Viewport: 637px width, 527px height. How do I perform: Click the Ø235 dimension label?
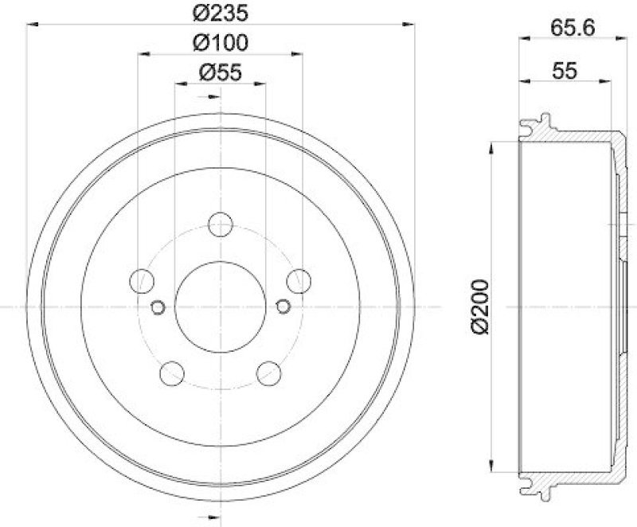tap(219, 12)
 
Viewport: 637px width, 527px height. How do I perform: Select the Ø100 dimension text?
tap(219, 41)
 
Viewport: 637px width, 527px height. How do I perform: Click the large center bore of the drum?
tap(219, 306)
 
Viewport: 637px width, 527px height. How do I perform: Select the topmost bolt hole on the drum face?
tap(220, 224)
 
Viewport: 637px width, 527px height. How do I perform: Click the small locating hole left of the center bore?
tap(157, 306)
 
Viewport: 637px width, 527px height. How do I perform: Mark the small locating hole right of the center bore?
tap(283, 305)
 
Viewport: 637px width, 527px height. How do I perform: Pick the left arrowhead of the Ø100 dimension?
tap(141, 54)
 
